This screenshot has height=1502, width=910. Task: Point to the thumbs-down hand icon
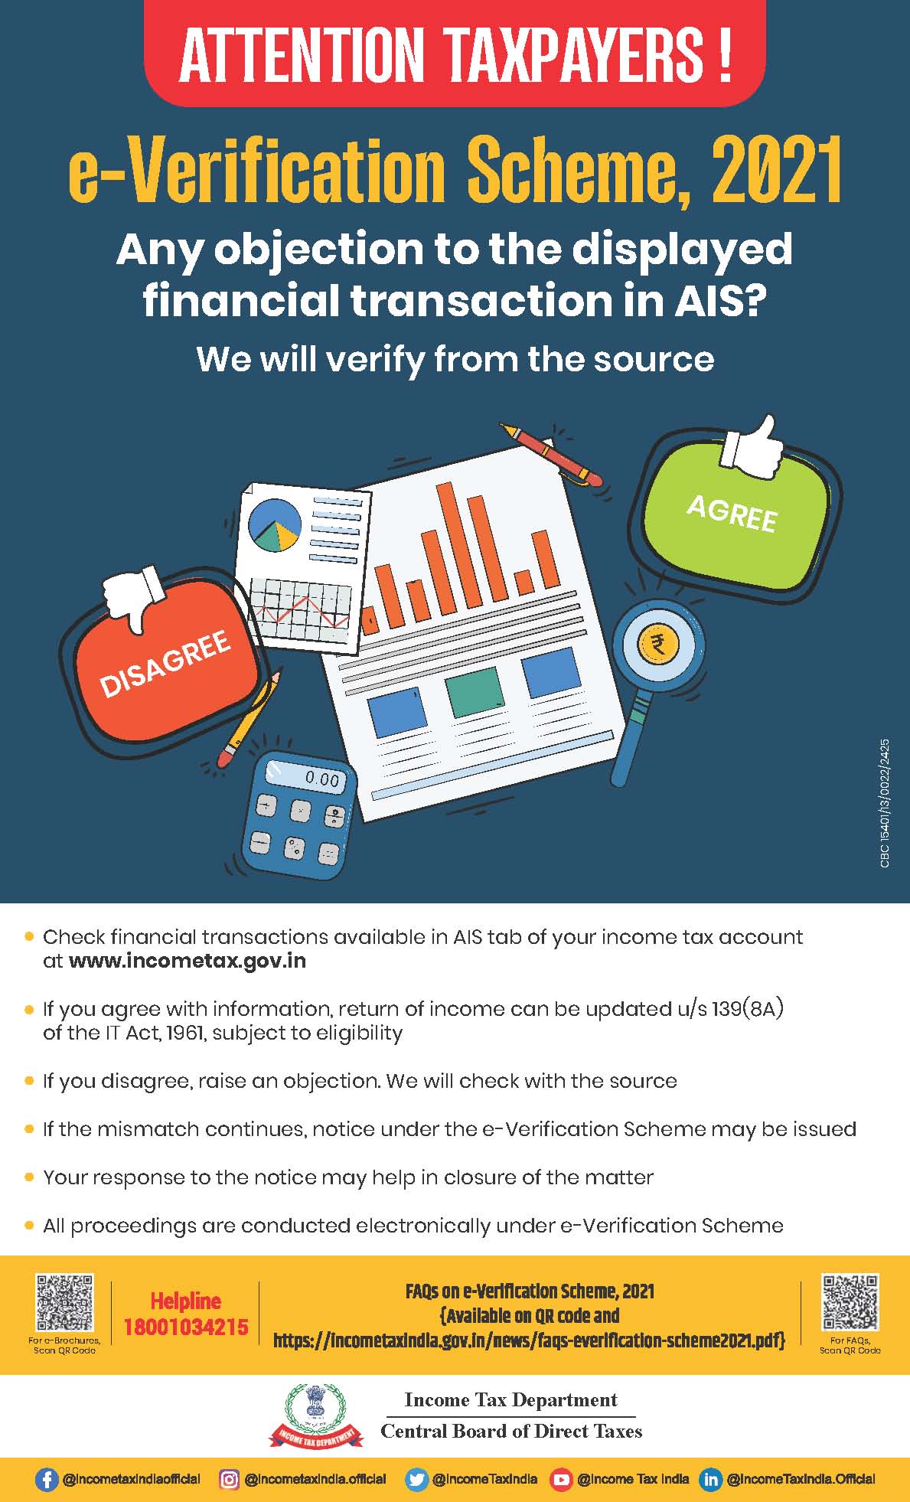(x=134, y=596)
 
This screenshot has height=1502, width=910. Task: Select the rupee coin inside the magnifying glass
(x=656, y=644)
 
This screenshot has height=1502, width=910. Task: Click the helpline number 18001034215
(x=186, y=1327)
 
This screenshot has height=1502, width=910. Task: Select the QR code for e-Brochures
(x=65, y=1302)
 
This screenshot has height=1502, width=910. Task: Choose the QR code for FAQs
(x=850, y=1302)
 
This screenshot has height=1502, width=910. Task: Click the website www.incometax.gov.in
(x=188, y=961)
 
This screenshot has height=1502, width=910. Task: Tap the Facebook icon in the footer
(x=47, y=1479)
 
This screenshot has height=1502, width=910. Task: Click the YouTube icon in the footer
(x=562, y=1479)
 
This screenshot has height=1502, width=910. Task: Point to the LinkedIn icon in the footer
(x=711, y=1479)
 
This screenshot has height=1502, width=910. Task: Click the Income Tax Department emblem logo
(x=315, y=1415)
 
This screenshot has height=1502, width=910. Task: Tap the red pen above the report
(x=550, y=453)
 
